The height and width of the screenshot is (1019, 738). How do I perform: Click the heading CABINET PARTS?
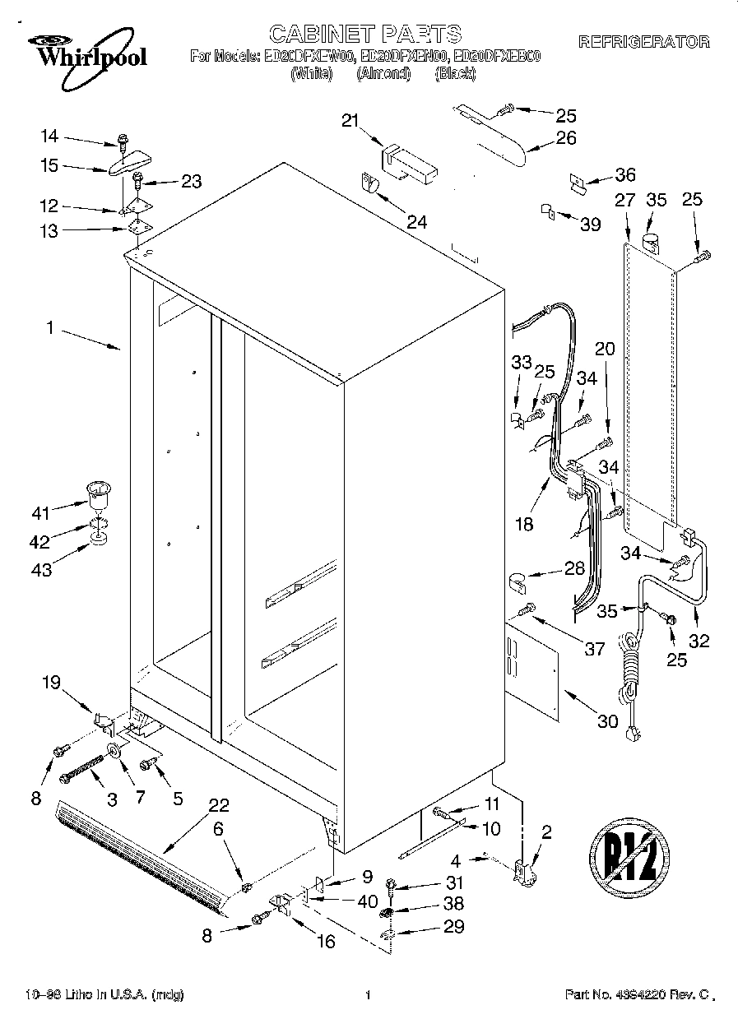366,34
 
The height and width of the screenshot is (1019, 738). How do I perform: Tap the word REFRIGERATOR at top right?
644,42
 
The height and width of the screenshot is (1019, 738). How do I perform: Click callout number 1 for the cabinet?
49,327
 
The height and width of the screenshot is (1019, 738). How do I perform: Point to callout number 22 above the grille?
218,805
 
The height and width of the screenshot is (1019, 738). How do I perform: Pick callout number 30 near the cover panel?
606,721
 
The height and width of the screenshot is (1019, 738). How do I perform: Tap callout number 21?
351,122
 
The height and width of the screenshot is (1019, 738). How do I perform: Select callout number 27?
625,199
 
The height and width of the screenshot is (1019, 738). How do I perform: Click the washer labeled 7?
113,750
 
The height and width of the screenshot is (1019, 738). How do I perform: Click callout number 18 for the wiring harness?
523,524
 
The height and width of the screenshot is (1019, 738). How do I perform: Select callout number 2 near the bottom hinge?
546,831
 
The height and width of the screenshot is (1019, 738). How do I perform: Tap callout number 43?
41,568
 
